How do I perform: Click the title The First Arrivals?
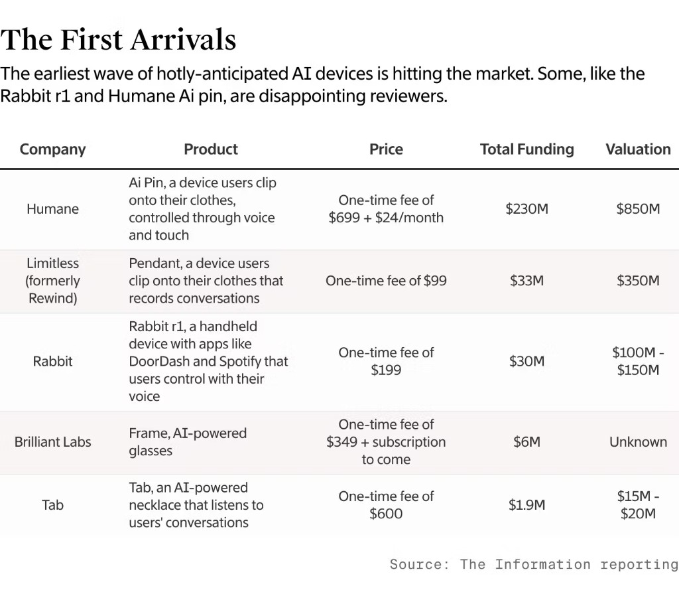coord(119,40)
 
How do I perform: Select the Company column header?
coord(53,149)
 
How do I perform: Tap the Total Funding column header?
coord(526,149)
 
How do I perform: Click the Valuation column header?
coord(638,149)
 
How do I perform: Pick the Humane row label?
coord(53,209)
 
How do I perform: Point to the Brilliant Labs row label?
coord(53,442)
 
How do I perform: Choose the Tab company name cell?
coord(53,505)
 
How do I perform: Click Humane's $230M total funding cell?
coord(526,209)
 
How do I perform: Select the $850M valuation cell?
coord(638,209)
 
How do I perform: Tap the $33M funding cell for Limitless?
coord(526,281)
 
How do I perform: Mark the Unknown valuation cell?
coord(638,442)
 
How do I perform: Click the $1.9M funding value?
coord(526,505)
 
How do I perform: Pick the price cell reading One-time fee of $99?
coord(386,281)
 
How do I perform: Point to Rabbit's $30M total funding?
coord(526,361)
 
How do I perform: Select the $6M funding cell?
coord(526,442)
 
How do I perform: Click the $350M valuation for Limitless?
coord(638,281)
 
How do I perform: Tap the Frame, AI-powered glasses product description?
coord(188,442)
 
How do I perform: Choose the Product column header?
coord(211,149)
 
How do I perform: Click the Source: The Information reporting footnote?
coord(534,565)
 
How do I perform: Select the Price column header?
coord(386,149)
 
